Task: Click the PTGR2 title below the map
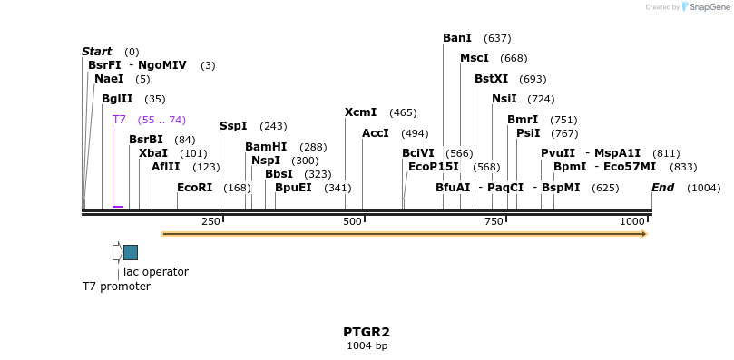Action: pyautogui.click(x=367, y=332)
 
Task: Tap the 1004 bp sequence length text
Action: pyautogui.click(x=367, y=345)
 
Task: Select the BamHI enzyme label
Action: pyautogui.click(x=266, y=147)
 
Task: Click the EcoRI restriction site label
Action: pyautogui.click(x=194, y=188)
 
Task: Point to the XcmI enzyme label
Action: pyautogui.click(x=360, y=112)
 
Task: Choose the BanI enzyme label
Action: pyautogui.click(x=457, y=38)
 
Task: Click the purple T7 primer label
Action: pyautogui.click(x=119, y=120)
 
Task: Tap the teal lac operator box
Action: pyautogui.click(x=131, y=252)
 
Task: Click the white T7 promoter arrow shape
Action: pyautogui.click(x=117, y=252)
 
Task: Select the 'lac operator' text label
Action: pyautogui.click(x=156, y=271)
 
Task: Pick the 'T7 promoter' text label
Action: pyautogui.click(x=116, y=287)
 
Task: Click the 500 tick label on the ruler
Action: pyautogui.click(x=352, y=222)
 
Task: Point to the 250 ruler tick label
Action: pyautogui.click(x=210, y=222)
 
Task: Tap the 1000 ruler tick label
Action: pyautogui.click(x=632, y=222)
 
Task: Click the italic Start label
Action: pyautogui.click(x=96, y=52)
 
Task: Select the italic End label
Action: pyautogui.click(x=662, y=188)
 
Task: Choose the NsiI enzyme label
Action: pyautogui.click(x=504, y=99)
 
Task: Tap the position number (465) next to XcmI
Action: pyautogui.click(x=403, y=112)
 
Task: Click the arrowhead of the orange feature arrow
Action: pyautogui.click(x=643, y=234)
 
